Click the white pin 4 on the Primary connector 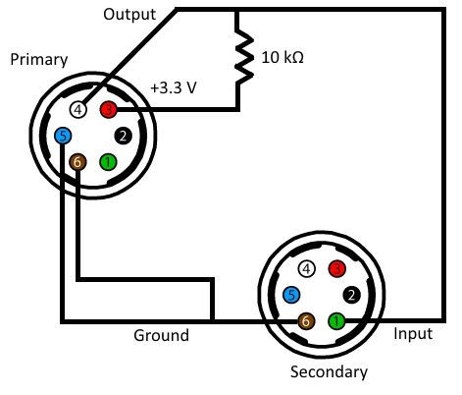[78, 110]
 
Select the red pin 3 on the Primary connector [109, 109]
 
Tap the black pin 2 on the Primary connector [124, 136]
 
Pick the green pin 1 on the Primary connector [108, 162]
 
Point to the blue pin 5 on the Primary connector [63, 136]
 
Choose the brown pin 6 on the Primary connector [77, 162]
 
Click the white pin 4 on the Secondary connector [306, 269]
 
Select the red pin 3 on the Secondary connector [336, 269]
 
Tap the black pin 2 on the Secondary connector [351, 295]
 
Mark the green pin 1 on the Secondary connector [336, 321]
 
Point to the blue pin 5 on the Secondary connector [291, 295]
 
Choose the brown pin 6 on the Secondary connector [306, 321]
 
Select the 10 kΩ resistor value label [282, 58]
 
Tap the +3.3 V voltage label [174, 87]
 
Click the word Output [129, 15]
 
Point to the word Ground [161, 335]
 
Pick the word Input [413, 334]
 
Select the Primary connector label [39, 60]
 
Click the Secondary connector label [329, 371]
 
